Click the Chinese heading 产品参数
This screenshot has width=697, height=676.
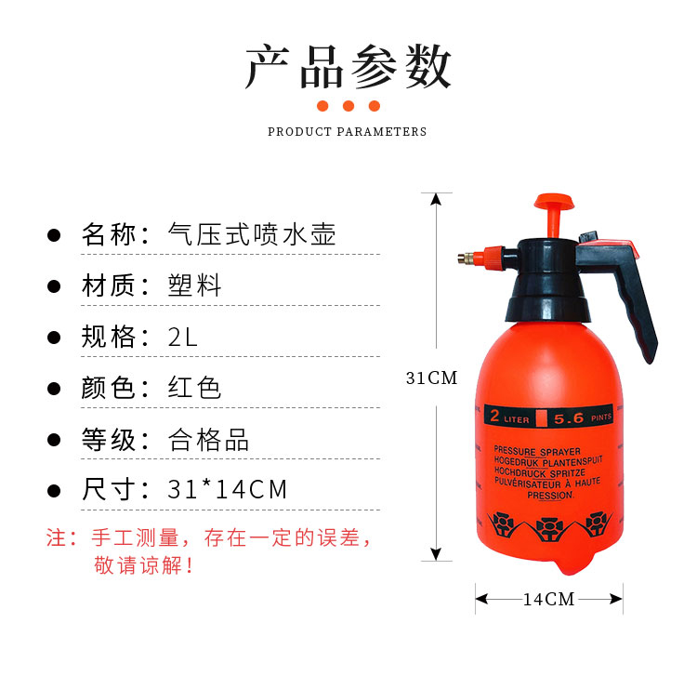[x=348, y=67]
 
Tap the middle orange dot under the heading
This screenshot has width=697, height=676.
[x=348, y=106]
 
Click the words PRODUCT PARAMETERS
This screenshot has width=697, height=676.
[x=348, y=132]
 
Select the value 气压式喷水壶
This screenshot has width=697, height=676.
[x=252, y=234]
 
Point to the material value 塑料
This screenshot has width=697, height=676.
[x=194, y=285]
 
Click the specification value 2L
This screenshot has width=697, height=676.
[x=183, y=337]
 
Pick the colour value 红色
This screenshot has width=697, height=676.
[x=194, y=388]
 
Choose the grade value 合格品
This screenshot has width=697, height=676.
[x=208, y=440]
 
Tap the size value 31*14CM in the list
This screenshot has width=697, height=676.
[x=227, y=490]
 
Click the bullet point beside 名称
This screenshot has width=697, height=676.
[x=54, y=235]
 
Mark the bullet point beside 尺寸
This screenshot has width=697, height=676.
[x=54, y=491]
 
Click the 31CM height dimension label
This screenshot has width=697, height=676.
[x=431, y=378]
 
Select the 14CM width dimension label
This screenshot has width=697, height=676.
[x=548, y=600]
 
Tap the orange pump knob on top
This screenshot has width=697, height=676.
[x=554, y=202]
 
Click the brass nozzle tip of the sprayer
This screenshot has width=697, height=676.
[x=466, y=258]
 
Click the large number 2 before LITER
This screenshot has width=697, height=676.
[x=494, y=416]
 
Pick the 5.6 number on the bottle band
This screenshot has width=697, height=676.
[x=569, y=418]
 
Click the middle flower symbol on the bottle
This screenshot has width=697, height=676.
[x=549, y=528]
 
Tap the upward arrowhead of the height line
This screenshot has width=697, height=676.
[x=436, y=199]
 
